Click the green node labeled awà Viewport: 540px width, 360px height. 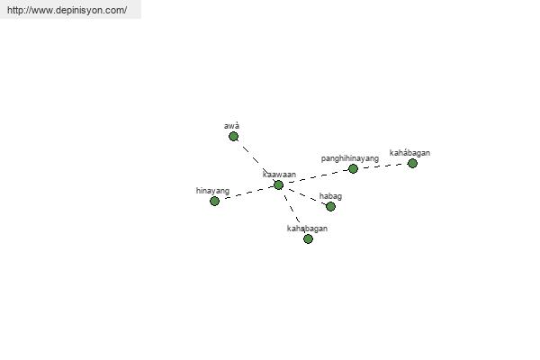pyautogui.click(x=233, y=137)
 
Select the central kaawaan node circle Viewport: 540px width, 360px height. pyautogui.click(x=279, y=185)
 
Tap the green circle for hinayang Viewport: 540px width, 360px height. pyautogui.click(x=214, y=201)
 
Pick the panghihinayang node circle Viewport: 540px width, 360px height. pyautogui.click(x=353, y=169)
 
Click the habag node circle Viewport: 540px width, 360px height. pyautogui.click(x=330, y=206)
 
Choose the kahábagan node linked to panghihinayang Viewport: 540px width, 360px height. pyautogui.click(x=412, y=163)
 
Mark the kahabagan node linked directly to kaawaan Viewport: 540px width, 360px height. pyautogui.click(x=308, y=238)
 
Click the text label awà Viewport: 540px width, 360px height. pyautogui.click(x=232, y=126)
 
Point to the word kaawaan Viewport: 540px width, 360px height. pyautogui.click(x=279, y=175)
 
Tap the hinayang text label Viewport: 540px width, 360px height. pyautogui.click(x=212, y=191)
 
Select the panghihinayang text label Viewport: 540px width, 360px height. pyautogui.click(x=350, y=158)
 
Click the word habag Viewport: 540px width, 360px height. pyautogui.click(x=330, y=196)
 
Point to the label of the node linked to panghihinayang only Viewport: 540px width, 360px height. pyautogui.click(x=409, y=153)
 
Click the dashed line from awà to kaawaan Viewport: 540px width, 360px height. pyautogui.click(x=256, y=160)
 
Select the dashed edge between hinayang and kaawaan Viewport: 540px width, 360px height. pyautogui.click(x=247, y=193)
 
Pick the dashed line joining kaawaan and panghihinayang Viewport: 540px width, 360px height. pyautogui.click(x=316, y=176)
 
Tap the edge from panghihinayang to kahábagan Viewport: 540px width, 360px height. pyautogui.click(x=382, y=166)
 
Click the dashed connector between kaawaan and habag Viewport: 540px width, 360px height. pyautogui.click(x=305, y=195)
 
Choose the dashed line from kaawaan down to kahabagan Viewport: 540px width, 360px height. pyautogui.click(x=293, y=211)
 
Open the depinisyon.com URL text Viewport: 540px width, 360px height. pyautogui.click(x=67, y=10)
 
